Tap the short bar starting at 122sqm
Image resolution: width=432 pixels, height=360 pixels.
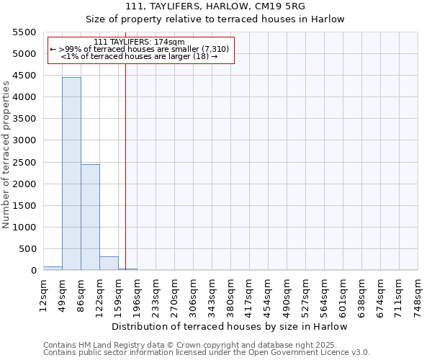[109, 263]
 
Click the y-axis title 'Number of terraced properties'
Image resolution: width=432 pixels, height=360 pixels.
[6, 155]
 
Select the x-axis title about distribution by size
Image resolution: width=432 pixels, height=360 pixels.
[230, 326]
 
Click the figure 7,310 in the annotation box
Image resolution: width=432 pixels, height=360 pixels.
[215, 49]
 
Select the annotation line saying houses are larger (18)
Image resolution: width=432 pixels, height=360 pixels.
[139, 56]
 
